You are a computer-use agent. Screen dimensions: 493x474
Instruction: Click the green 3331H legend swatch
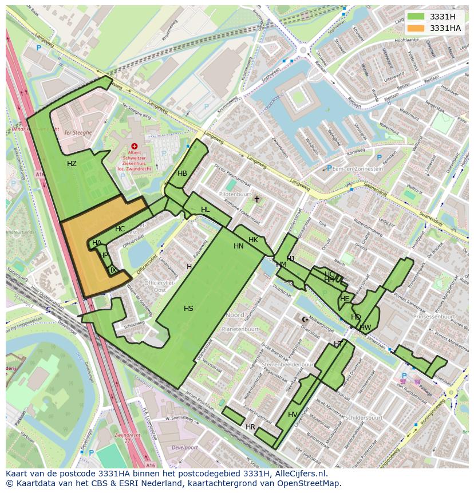pyautogui.click(x=416, y=17)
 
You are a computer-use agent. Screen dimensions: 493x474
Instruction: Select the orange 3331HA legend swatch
pyautogui.click(x=416, y=28)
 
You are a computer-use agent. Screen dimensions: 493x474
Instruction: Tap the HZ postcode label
pyautogui.click(x=72, y=164)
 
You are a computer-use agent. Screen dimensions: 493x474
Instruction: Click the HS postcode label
pyautogui.click(x=188, y=309)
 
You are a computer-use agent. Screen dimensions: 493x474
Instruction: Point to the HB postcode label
pyautogui.click(x=182, y=173)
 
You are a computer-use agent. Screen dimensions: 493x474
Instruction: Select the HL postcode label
pyautogui.click(x=205, y=210)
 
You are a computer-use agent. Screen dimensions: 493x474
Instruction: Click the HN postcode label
pyautogui.click(x=239, y=246)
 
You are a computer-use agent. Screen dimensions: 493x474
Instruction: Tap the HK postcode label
pyautogui.click(x=253, y=239)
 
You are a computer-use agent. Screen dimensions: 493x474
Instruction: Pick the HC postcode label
pyautogui.click(x=120, y=229)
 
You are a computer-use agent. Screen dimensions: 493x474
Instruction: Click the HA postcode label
pyautogui.click(x=97, y=243)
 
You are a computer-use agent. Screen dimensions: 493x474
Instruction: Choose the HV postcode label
pyautogui.click(x=293, y=415)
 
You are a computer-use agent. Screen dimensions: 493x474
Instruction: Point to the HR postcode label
pyautogui.click(x=250, y=427)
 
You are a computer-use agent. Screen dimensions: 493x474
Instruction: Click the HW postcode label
pyautogui.click(x=365, y=328)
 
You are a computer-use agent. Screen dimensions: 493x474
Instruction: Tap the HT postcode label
pyautogui.click(x=338, y=344)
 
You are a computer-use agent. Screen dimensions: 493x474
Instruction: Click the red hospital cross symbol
pyautogui.click(x=135, y=147)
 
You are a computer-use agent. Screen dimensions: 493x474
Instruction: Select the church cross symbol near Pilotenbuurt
pyautogui.click(x=256, y=199)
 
